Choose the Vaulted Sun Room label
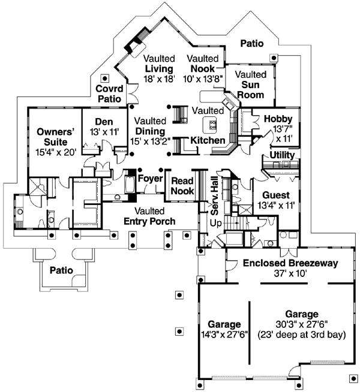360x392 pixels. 250,79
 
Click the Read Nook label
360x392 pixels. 182,186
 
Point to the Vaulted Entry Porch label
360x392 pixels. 150,216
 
